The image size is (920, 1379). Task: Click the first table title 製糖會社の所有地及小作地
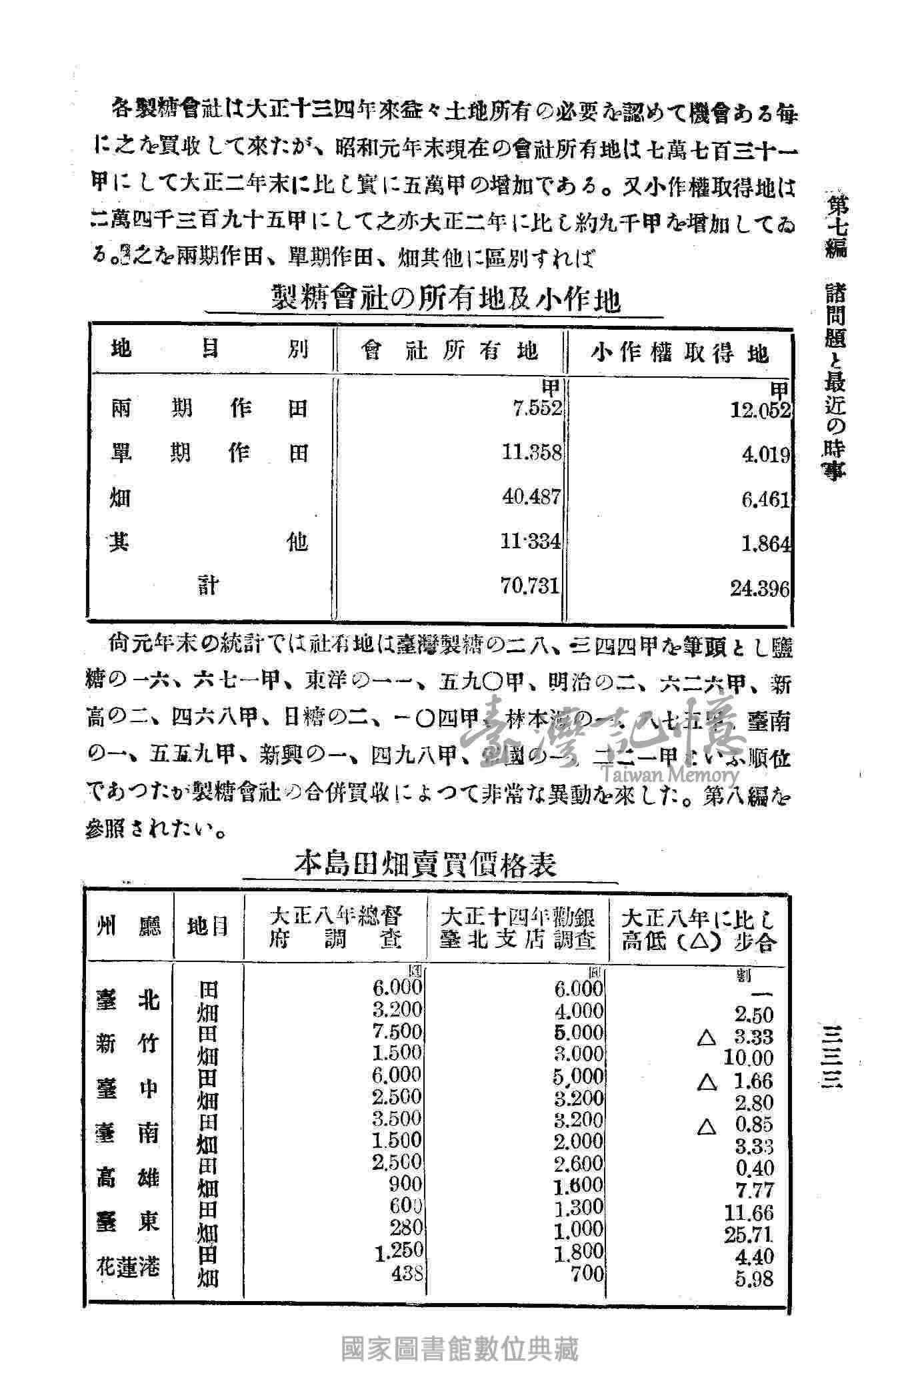445,299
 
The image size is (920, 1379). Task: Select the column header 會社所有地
449,351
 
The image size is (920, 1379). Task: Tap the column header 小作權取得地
679,352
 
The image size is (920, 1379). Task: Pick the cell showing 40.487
532,497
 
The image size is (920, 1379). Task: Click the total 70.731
532,586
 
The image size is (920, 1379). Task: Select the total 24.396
760,588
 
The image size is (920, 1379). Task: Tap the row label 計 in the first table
208,586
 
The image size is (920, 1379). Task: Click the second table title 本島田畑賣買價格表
426,865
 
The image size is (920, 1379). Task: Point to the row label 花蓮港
129,1265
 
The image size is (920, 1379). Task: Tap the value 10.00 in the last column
749,1057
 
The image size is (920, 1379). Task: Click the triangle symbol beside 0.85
707,1127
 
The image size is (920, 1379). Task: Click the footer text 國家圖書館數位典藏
459,1348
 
